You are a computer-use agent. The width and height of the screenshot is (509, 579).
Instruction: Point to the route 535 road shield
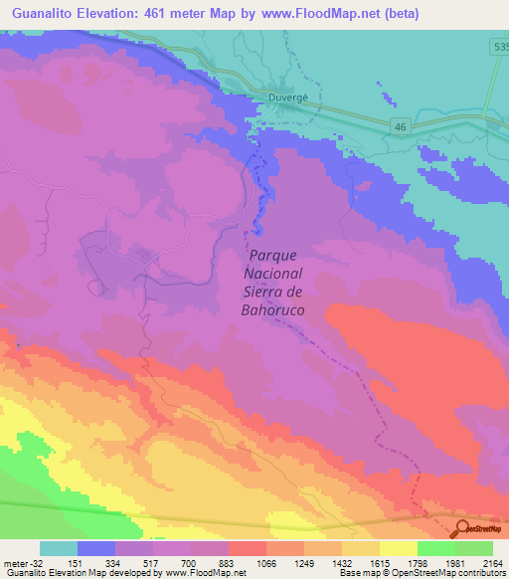tap(499, 47)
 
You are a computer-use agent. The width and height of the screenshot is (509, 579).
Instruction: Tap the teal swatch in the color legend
tap(59, 548)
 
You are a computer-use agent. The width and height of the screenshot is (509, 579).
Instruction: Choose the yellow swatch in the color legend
tap(398, 548)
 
